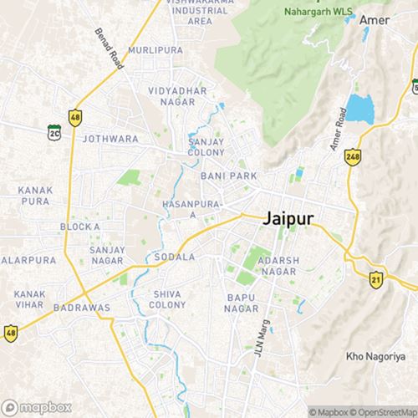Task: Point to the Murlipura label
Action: pos(156,51)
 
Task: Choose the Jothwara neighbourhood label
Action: pos(110,138)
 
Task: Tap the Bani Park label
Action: pos(228,176)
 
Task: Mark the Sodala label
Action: pos(175,257)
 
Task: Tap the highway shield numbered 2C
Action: pos(54,131)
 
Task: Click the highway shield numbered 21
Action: pos(376,278)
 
